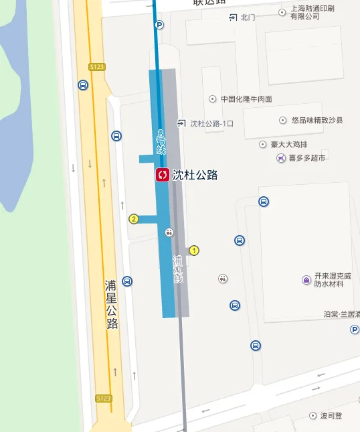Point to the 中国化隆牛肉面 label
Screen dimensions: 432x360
(x=246, y=99)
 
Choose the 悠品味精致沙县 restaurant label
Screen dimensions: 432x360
(x=317, y=121)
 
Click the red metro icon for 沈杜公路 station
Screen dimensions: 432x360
(x=162, y=175)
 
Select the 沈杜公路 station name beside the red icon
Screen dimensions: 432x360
(x=195, y=175)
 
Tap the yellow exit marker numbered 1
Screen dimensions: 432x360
(x=194, y=250)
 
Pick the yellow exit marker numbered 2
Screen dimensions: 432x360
(x=134, y=219)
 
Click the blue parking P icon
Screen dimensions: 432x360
(x=159, y=25)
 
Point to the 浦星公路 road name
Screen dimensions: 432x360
(x=111, y=304)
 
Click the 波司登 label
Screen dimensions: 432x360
(x=331, y=416)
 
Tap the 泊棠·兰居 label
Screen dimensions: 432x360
(x=341, y=314)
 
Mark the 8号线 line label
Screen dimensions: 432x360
(x=161, y=141)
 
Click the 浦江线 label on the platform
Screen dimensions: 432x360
(x=177, y=269)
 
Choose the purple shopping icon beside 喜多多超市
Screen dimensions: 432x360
(x=280, y=158)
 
